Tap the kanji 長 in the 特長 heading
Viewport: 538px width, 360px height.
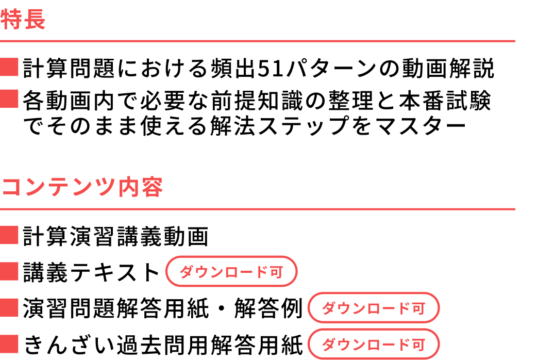[x=35, y=20]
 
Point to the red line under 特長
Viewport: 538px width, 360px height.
[x=258, y=41]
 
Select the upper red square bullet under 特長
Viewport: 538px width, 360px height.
[x=9, y=67]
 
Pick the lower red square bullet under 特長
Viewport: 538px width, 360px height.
[x=9, y=99]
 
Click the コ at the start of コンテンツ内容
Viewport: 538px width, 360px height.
[x=11, y=187]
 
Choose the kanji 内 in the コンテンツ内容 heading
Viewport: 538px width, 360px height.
[x=129, y=187]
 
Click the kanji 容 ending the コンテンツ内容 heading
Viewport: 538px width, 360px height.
[x=153, y=187]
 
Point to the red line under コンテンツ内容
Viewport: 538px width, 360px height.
[x=258, y=209]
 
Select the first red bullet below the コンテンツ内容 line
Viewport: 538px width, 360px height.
[x=9, y=235]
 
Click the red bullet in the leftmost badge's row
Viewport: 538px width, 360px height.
[x=9, y=271]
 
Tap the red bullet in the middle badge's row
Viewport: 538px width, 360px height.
[x=9, y=307]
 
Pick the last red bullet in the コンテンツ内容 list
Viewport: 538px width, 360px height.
[x=9, y=344]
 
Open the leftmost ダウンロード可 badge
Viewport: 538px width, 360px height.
[x=231, y=271]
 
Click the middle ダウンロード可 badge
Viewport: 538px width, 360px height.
[x=374, y=308]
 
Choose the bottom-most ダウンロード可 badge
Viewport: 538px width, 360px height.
[x=374, y=344]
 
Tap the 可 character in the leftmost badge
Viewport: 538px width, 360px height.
[x=276, y=272]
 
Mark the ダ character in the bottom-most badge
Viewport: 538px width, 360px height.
[x=328, y=345]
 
